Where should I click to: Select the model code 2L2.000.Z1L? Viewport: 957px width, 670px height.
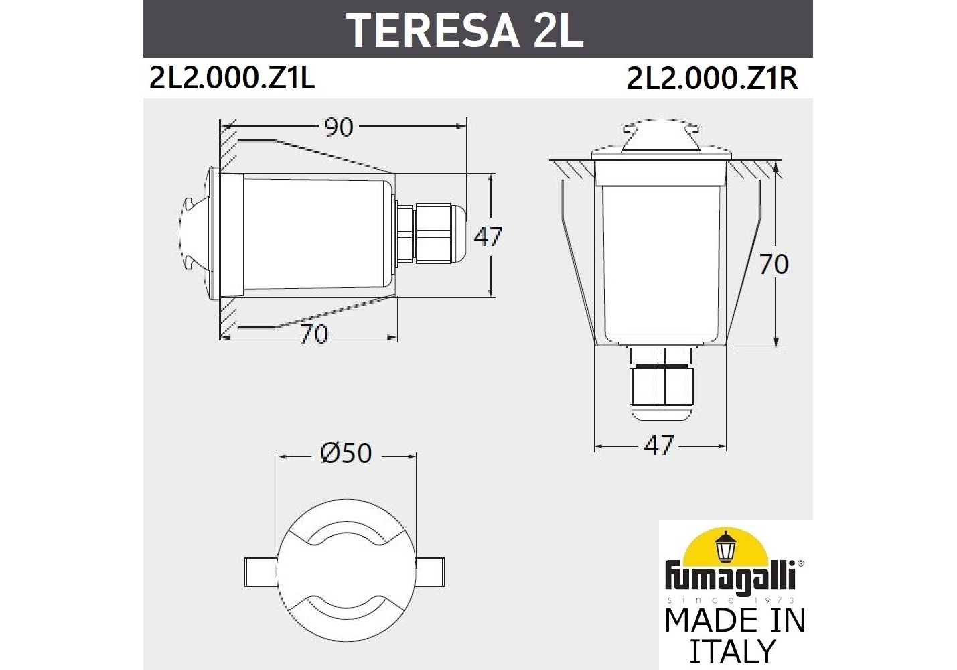pos(232,78)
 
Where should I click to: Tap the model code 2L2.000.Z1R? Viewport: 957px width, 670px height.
pos(712,78)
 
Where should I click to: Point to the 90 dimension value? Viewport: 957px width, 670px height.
pos(338,127)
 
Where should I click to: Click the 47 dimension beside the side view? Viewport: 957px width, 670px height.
pos(488,237)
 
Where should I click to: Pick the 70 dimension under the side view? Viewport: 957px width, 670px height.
pos(313,334)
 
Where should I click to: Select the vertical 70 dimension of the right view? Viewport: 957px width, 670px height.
pos(774,265)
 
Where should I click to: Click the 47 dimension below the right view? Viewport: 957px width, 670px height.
pos(658,446)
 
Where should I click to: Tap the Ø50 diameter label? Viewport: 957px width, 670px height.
pos(346,454)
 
